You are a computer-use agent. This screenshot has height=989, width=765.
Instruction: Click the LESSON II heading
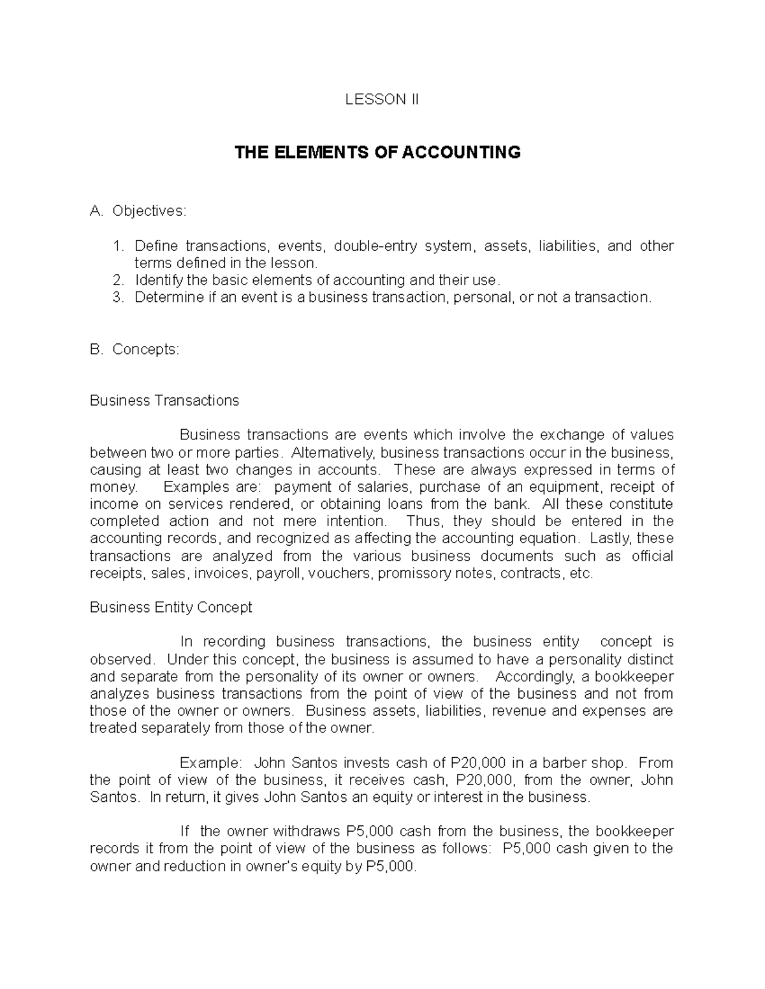pos(382,99)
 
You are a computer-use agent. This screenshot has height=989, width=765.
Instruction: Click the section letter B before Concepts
pos(96,350)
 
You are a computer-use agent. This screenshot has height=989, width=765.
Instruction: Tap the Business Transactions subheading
pos(164,401)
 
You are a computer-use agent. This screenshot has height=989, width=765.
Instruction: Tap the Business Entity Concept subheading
pos(171,608)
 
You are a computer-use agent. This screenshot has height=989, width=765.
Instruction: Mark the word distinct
pos(651,659)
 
